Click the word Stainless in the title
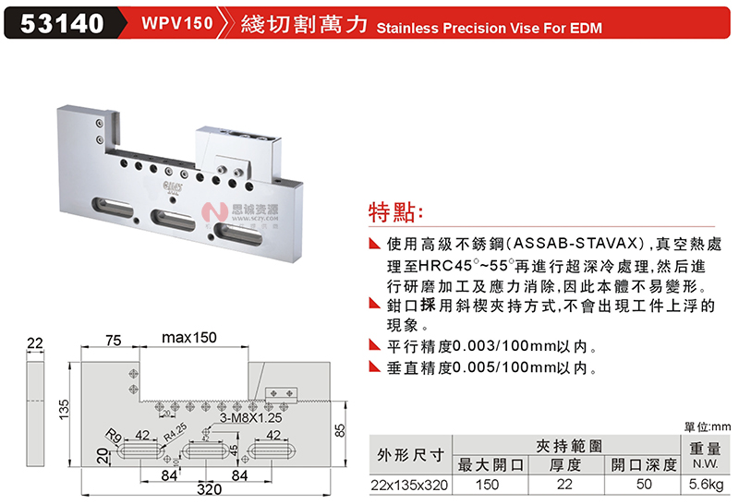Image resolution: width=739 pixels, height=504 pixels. [407, 28]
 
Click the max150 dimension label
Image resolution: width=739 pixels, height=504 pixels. [189, 339]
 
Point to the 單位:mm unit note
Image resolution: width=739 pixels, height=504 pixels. [707, 426]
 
